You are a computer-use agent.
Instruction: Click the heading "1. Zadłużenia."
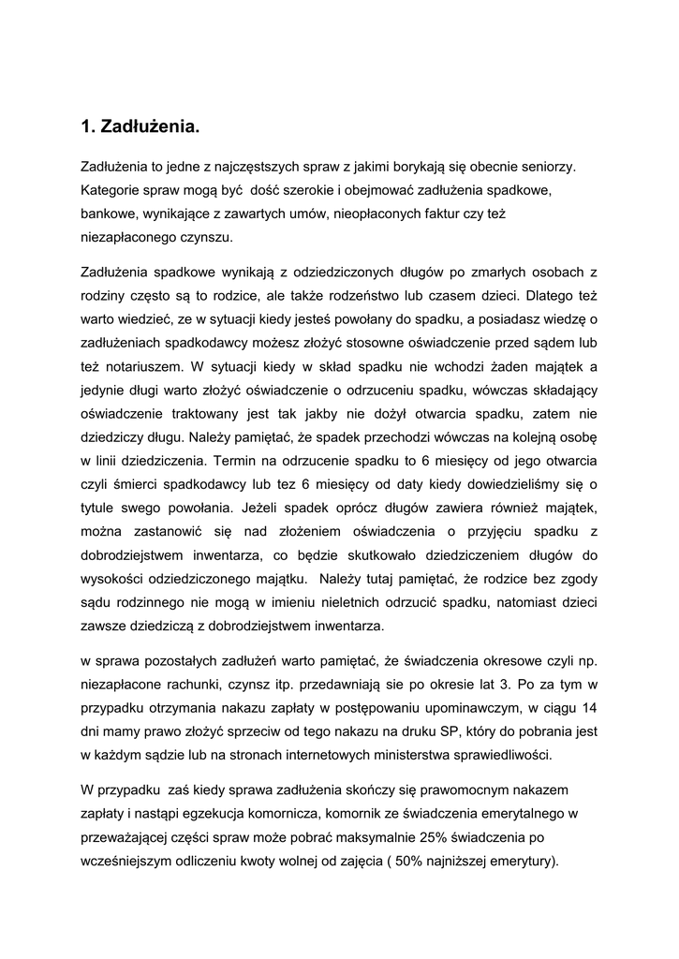(140, 125)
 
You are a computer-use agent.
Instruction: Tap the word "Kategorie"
(111, 190)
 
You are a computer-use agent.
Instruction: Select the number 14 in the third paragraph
(590, 707)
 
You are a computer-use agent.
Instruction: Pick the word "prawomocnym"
(464, 789)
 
